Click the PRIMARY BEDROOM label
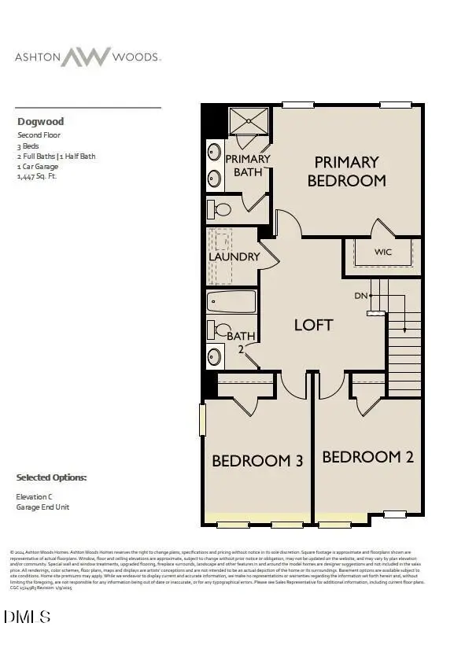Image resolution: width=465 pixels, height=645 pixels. pyautogui.click(x=346, y=171)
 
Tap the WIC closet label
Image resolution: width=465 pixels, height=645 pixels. pyautogui.click(x=382, y=252)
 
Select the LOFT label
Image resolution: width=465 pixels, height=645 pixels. pyautogui.click(x=314, y=324)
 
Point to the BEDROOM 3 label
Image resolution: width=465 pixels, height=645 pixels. pyautogui.click(x=257, y=461)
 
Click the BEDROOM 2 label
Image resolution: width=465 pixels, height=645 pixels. pyautogui.click(x=367, y=456)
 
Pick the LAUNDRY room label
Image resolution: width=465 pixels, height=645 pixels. pyautogui.click(x=234, y=256)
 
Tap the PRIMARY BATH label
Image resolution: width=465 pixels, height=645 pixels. pyautogui.click(x=247, y=164)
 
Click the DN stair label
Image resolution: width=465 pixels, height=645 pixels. pyautogui.click(x=361, y=296)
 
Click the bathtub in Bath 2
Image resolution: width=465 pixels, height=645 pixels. pyautogui.click(x=231, y=301)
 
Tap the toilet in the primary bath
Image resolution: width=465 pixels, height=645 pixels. pyautogui.click(x=220, y=210)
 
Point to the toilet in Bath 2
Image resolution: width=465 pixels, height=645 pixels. pyautogui.click(x=220, y=330)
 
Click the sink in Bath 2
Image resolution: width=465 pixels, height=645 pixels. pyautogui.click(x=215, y=356)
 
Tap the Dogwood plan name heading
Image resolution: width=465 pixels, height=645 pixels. pyautogui.click(x=40, y=122)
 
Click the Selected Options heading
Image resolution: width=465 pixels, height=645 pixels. pyautogui.click(x=52, y=477)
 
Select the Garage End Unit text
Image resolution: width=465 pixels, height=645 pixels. pyautogui.click(x=42, y=507)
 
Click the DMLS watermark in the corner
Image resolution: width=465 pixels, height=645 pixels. pyautogui.click(x=28, y=616)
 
